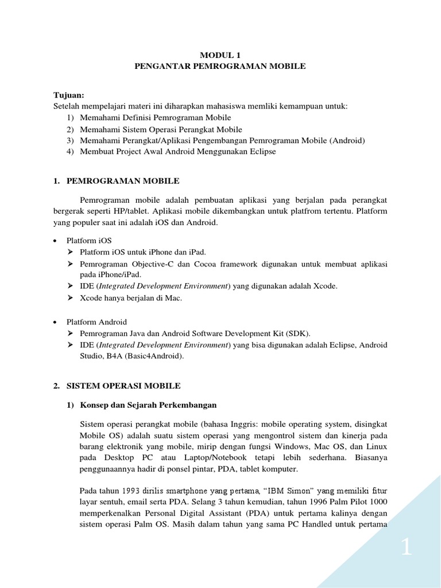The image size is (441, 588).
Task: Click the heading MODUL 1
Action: tap(220, 55)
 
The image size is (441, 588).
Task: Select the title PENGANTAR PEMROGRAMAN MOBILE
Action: tap(220, 67)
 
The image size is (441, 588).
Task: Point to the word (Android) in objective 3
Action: tap(347, 141)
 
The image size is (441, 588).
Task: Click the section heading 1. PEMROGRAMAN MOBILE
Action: tap(116, 181)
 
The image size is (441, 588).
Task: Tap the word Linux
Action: tap(376, 446)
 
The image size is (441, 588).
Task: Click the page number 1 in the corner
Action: tap(406, 548)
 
